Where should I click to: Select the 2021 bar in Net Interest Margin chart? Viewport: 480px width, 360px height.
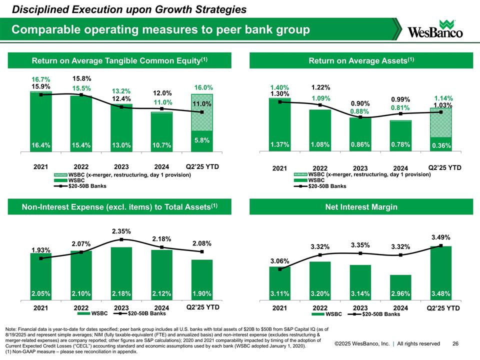[x=279, y=283]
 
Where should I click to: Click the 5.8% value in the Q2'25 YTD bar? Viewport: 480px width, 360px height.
[x=202, y=141]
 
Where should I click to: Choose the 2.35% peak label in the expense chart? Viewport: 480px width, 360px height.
[x=121, y=231]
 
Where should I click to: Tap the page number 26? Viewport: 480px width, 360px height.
[x=455, y=343]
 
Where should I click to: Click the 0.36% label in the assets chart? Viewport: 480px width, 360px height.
[x=440, y=146]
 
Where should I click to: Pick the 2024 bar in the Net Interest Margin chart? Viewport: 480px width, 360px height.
[x=400, y=287]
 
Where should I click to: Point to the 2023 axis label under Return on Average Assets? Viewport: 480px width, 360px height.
[x=360, y=168]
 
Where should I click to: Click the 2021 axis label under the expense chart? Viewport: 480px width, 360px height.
[x=40, y=308]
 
